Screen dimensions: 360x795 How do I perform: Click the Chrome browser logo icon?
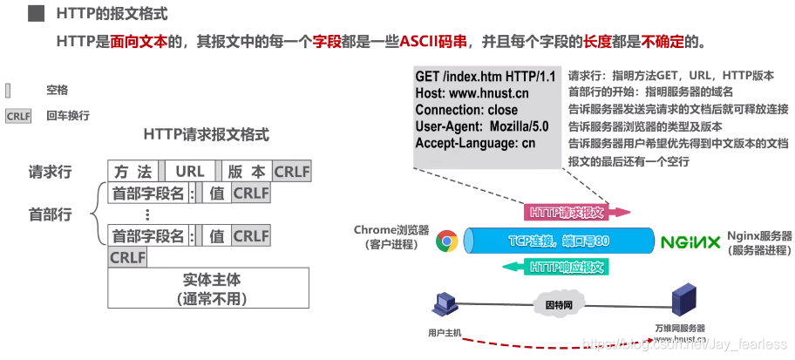(x=447, y=241)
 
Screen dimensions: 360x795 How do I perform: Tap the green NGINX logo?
(x=690, y=241)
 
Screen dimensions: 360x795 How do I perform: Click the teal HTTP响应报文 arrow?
(x=567, y=268)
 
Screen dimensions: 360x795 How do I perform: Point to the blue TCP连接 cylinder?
(x=558, y=241)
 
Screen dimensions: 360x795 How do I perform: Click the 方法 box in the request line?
(x=133, y=172)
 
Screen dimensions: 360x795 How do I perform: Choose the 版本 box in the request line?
(x=247, y=172)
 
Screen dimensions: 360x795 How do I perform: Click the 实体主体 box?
(x=209, y=289)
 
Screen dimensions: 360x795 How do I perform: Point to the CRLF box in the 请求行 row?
(x=292, y=172)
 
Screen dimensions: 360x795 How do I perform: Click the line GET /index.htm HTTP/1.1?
(x=485, y=78)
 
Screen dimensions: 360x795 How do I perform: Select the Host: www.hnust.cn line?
(x=472, y=94)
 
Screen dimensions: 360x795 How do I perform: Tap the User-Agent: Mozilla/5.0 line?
(x=482, y=126)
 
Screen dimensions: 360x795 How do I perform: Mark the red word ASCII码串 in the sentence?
(x=434, y=41)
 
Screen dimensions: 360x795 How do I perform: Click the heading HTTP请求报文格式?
(x=206, y=135)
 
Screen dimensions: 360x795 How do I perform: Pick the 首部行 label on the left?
(x=51, y=214)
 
